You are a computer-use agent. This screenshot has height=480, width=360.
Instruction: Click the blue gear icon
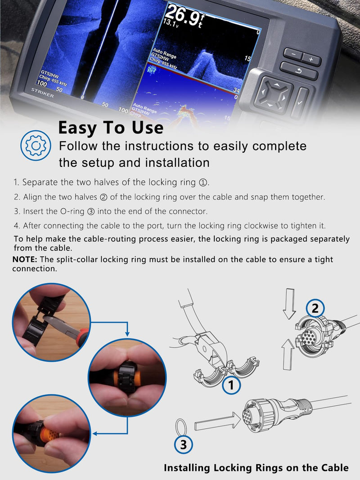pos(36,145)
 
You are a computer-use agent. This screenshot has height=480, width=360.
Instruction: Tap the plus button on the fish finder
pos(311,59)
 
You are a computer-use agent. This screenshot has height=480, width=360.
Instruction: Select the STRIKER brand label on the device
pos(42,93)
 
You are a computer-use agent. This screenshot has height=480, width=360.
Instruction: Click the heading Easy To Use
pos(111,127)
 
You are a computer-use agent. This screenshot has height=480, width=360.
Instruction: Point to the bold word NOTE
pos(24,259)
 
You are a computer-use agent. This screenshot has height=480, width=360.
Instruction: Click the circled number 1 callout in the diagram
pos(231,385)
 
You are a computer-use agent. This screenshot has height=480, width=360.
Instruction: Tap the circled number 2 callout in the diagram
pos(315,308)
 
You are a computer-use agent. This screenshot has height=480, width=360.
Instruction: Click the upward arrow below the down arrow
pos(288,354)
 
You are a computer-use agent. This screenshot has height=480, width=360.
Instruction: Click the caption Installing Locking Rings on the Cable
pos(256,467)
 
